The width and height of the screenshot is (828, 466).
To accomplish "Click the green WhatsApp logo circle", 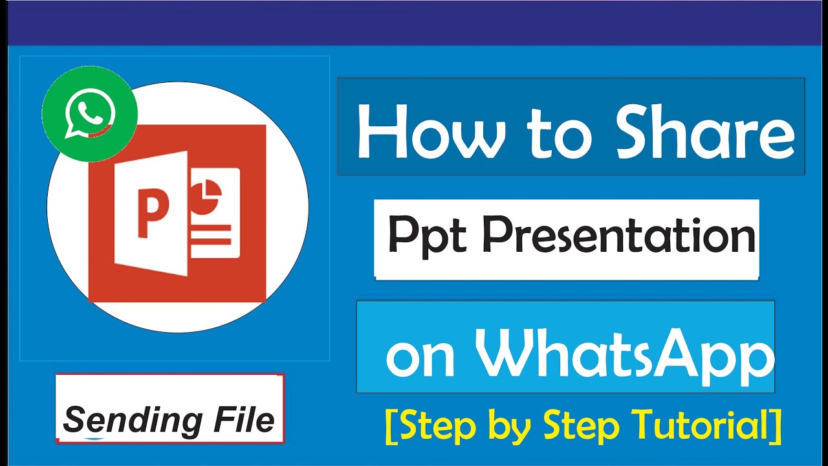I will pos(90,113).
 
